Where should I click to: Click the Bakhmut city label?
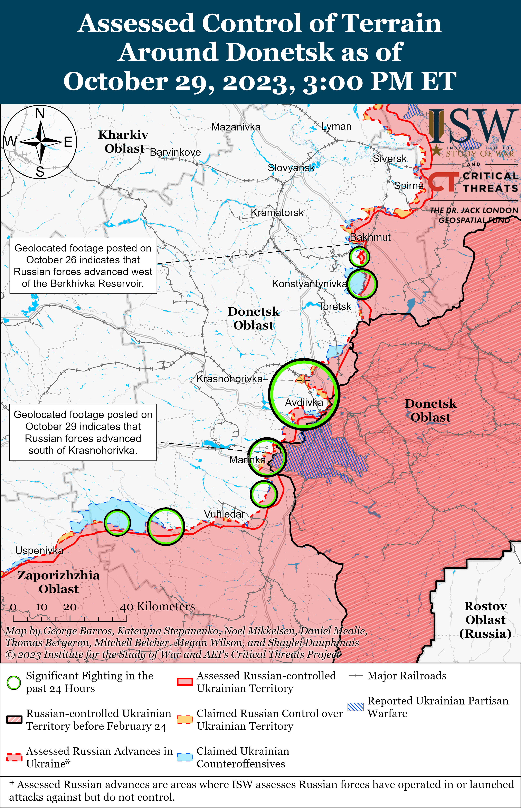pyautogui.click(x=370, y=237)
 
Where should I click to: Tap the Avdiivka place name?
pyautogui.click(x=304, y=403)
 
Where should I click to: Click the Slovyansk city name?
pyautogui.click(x=291, y=168)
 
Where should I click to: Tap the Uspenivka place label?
pyautogui.click(x=39, y=551)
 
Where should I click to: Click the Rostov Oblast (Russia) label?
pyautogui.click(x=485, y=620)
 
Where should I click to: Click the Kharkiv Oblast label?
pyautogui.click(x=123, y=141)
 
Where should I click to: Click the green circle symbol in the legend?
pyautogui.click(x=14, y=682)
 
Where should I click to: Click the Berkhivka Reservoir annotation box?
pyautogui.click(x=83, y=266)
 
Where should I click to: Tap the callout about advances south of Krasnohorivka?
pyautogui.click(x=83, y=432)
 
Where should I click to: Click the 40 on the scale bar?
pyautogui.click(x=126, y=607)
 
